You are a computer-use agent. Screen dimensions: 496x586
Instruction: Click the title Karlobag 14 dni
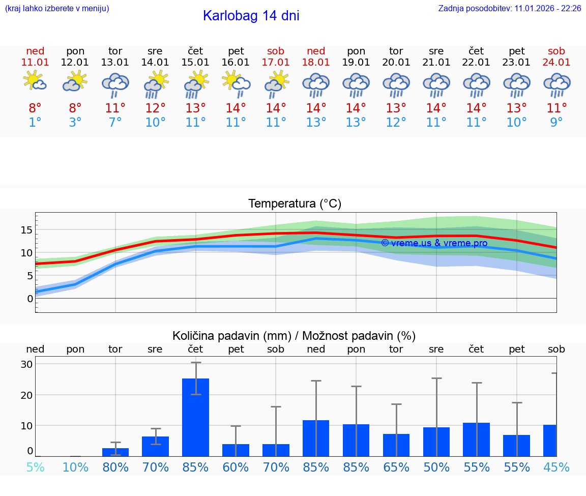point(251,16)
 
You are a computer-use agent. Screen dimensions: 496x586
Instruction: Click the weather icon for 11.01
point(35,81)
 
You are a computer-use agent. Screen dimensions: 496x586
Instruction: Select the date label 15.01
point(195,62)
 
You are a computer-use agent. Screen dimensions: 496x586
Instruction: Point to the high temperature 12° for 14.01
point(155,108)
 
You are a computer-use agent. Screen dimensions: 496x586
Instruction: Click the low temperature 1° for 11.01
point(35,122)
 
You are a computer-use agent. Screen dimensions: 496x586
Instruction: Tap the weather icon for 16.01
point(236,83)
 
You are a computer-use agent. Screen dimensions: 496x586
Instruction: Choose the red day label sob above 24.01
point(556,51)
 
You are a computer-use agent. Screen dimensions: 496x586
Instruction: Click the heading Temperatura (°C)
point(295,204)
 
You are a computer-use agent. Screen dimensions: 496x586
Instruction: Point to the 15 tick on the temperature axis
point(26,230)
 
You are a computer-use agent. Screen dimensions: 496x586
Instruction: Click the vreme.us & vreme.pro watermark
point(434,243)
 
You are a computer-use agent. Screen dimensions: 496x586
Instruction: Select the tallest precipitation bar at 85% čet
point(195,417)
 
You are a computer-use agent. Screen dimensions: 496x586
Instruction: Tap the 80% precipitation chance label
point(115,467)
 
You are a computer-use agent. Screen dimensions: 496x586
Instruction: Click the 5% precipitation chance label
point(35,467)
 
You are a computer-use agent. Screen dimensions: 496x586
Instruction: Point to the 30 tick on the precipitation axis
point(26,364)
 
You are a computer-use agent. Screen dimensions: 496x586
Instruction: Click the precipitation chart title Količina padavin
point(294,336)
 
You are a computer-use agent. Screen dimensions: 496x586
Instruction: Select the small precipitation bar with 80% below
point(115,452)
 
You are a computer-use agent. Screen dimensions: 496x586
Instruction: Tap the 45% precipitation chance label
point(556,467)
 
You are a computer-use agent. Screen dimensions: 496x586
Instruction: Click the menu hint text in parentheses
point(57,8)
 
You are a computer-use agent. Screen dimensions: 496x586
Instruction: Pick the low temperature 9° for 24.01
point(556,122)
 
